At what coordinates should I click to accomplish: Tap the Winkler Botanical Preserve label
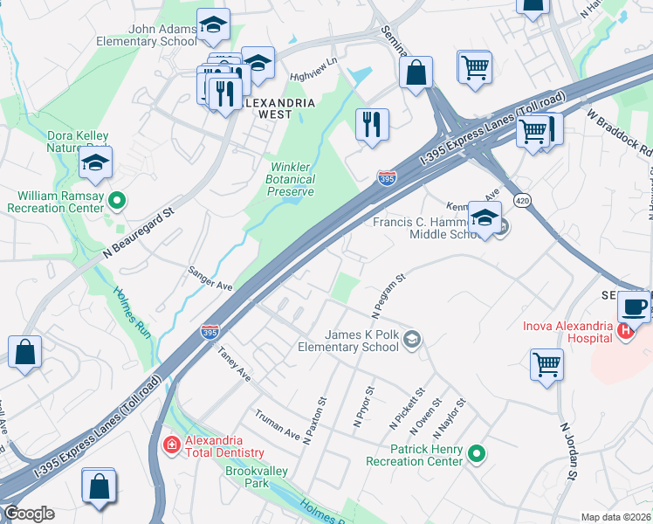(x=292, y=179)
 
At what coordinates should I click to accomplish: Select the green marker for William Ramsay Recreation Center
(x=118, y=203)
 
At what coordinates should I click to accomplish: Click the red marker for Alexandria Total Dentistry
(x=172, y=445)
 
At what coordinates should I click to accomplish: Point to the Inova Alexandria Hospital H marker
(x=625, y=331)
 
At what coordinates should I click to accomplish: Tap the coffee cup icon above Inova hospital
(x=634, y=307)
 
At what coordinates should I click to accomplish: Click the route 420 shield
(x=521, y=201)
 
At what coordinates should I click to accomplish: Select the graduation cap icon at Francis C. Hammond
(x=485, y=218)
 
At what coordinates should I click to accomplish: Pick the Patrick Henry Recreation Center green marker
(x=476, y=453)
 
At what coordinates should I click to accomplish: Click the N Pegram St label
(x=388, y=297)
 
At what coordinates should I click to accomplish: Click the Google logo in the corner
(x=28, y=514)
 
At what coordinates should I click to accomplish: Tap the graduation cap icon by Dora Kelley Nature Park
(x=96, y=162)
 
